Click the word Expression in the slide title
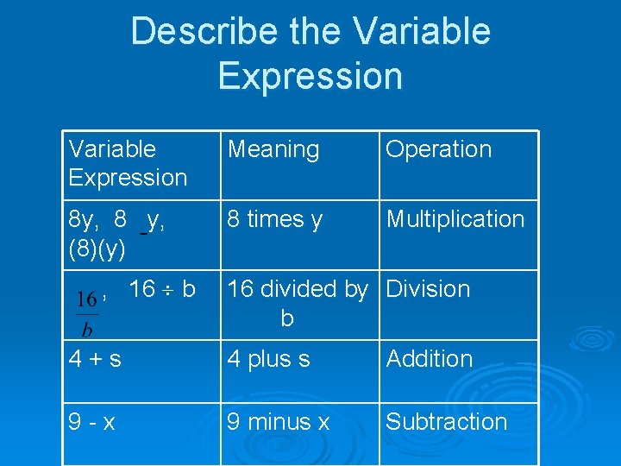click(310, 75)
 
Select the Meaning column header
click(273, 149)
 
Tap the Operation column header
click(438, 149)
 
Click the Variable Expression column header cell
click(128, 163)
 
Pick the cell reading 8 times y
click(274, 220)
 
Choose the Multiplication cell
click(455, 219)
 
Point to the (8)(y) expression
click(97, 250)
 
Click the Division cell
click(428, 289)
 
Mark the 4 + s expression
click(95, 359)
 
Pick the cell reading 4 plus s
click(268, 359)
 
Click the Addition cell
click(429, 359)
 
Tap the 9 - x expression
click(92, 422)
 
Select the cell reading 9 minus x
click(278, 422)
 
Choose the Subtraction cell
click(446, 422)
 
